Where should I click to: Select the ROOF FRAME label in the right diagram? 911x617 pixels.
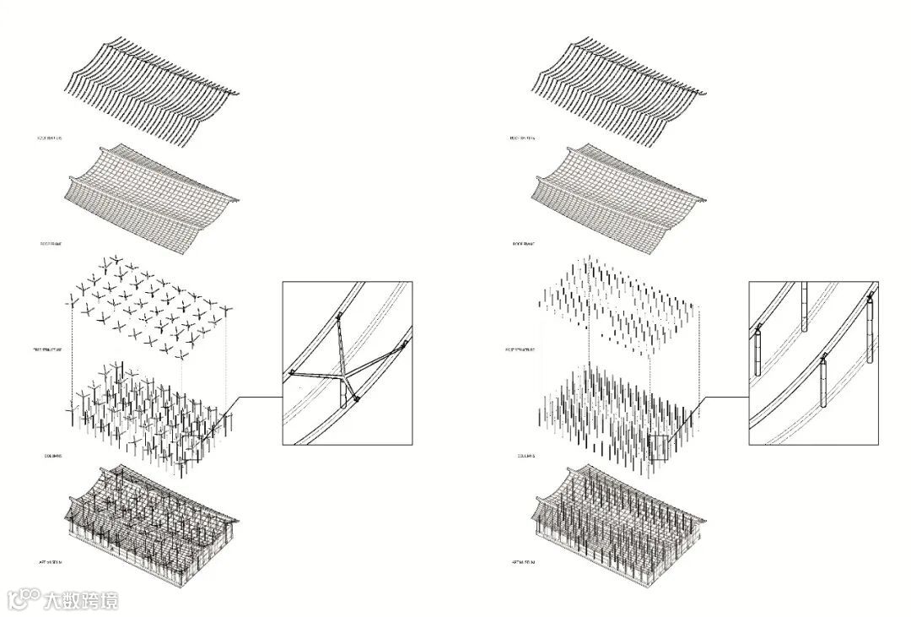[522, 244]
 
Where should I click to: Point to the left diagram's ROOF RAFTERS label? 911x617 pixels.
[51, 137]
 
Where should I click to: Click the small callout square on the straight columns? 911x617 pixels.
[659, 447]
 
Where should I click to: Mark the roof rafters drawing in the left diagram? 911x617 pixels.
[152, 89]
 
